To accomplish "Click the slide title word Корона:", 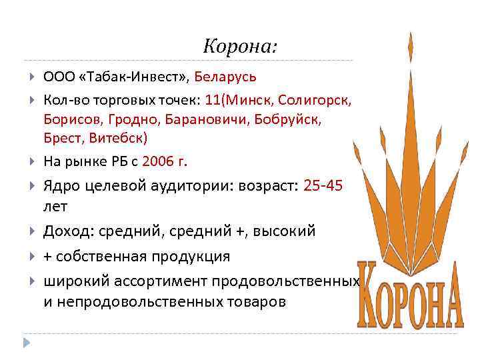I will [x=240, y=47].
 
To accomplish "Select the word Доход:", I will [x=69, y=231].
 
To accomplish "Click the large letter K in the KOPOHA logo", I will [x=373, y=293].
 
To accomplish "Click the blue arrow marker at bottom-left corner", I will [x=27, y=343].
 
